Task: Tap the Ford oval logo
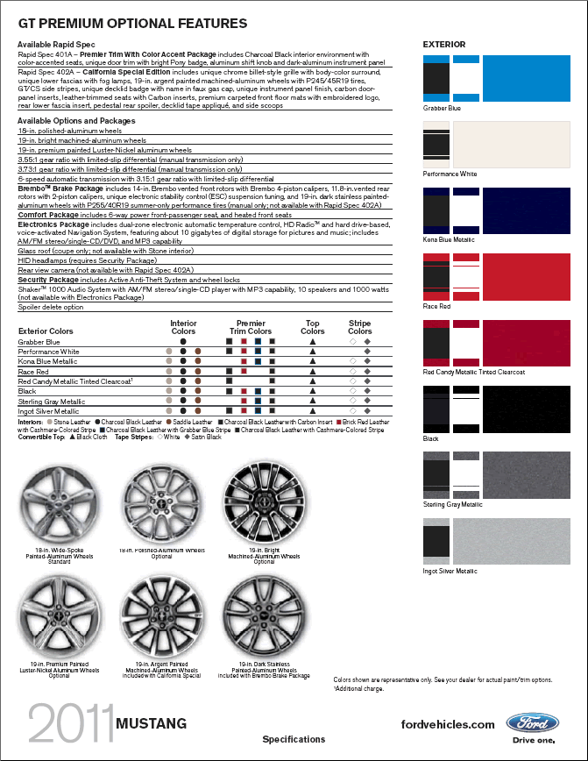tap(532, 723)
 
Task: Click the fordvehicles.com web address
tap(448, 724)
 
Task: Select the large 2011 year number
tap(69, 726)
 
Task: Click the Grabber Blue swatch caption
tap(442, 108)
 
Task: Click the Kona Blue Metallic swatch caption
tap(449, 238)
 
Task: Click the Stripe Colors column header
tap(359, 327)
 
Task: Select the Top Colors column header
tap(312, 327)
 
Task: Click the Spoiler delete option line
tap(51, 307)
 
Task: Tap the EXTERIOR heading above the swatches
tap(444, 44)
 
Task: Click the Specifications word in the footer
tap(294, 739)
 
